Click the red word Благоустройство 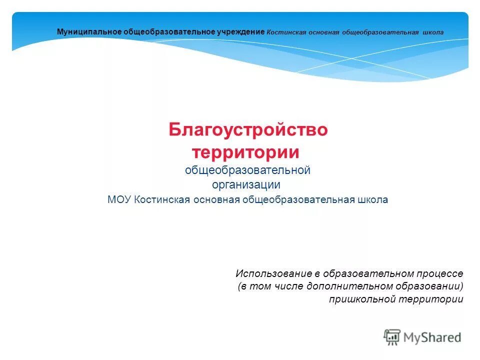click(248, 130)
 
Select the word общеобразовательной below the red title click(248, 170)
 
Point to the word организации click(245, 185)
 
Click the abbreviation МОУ click(119, 199)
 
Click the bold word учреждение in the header click(240, 32)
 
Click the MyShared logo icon click(392, 337)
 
